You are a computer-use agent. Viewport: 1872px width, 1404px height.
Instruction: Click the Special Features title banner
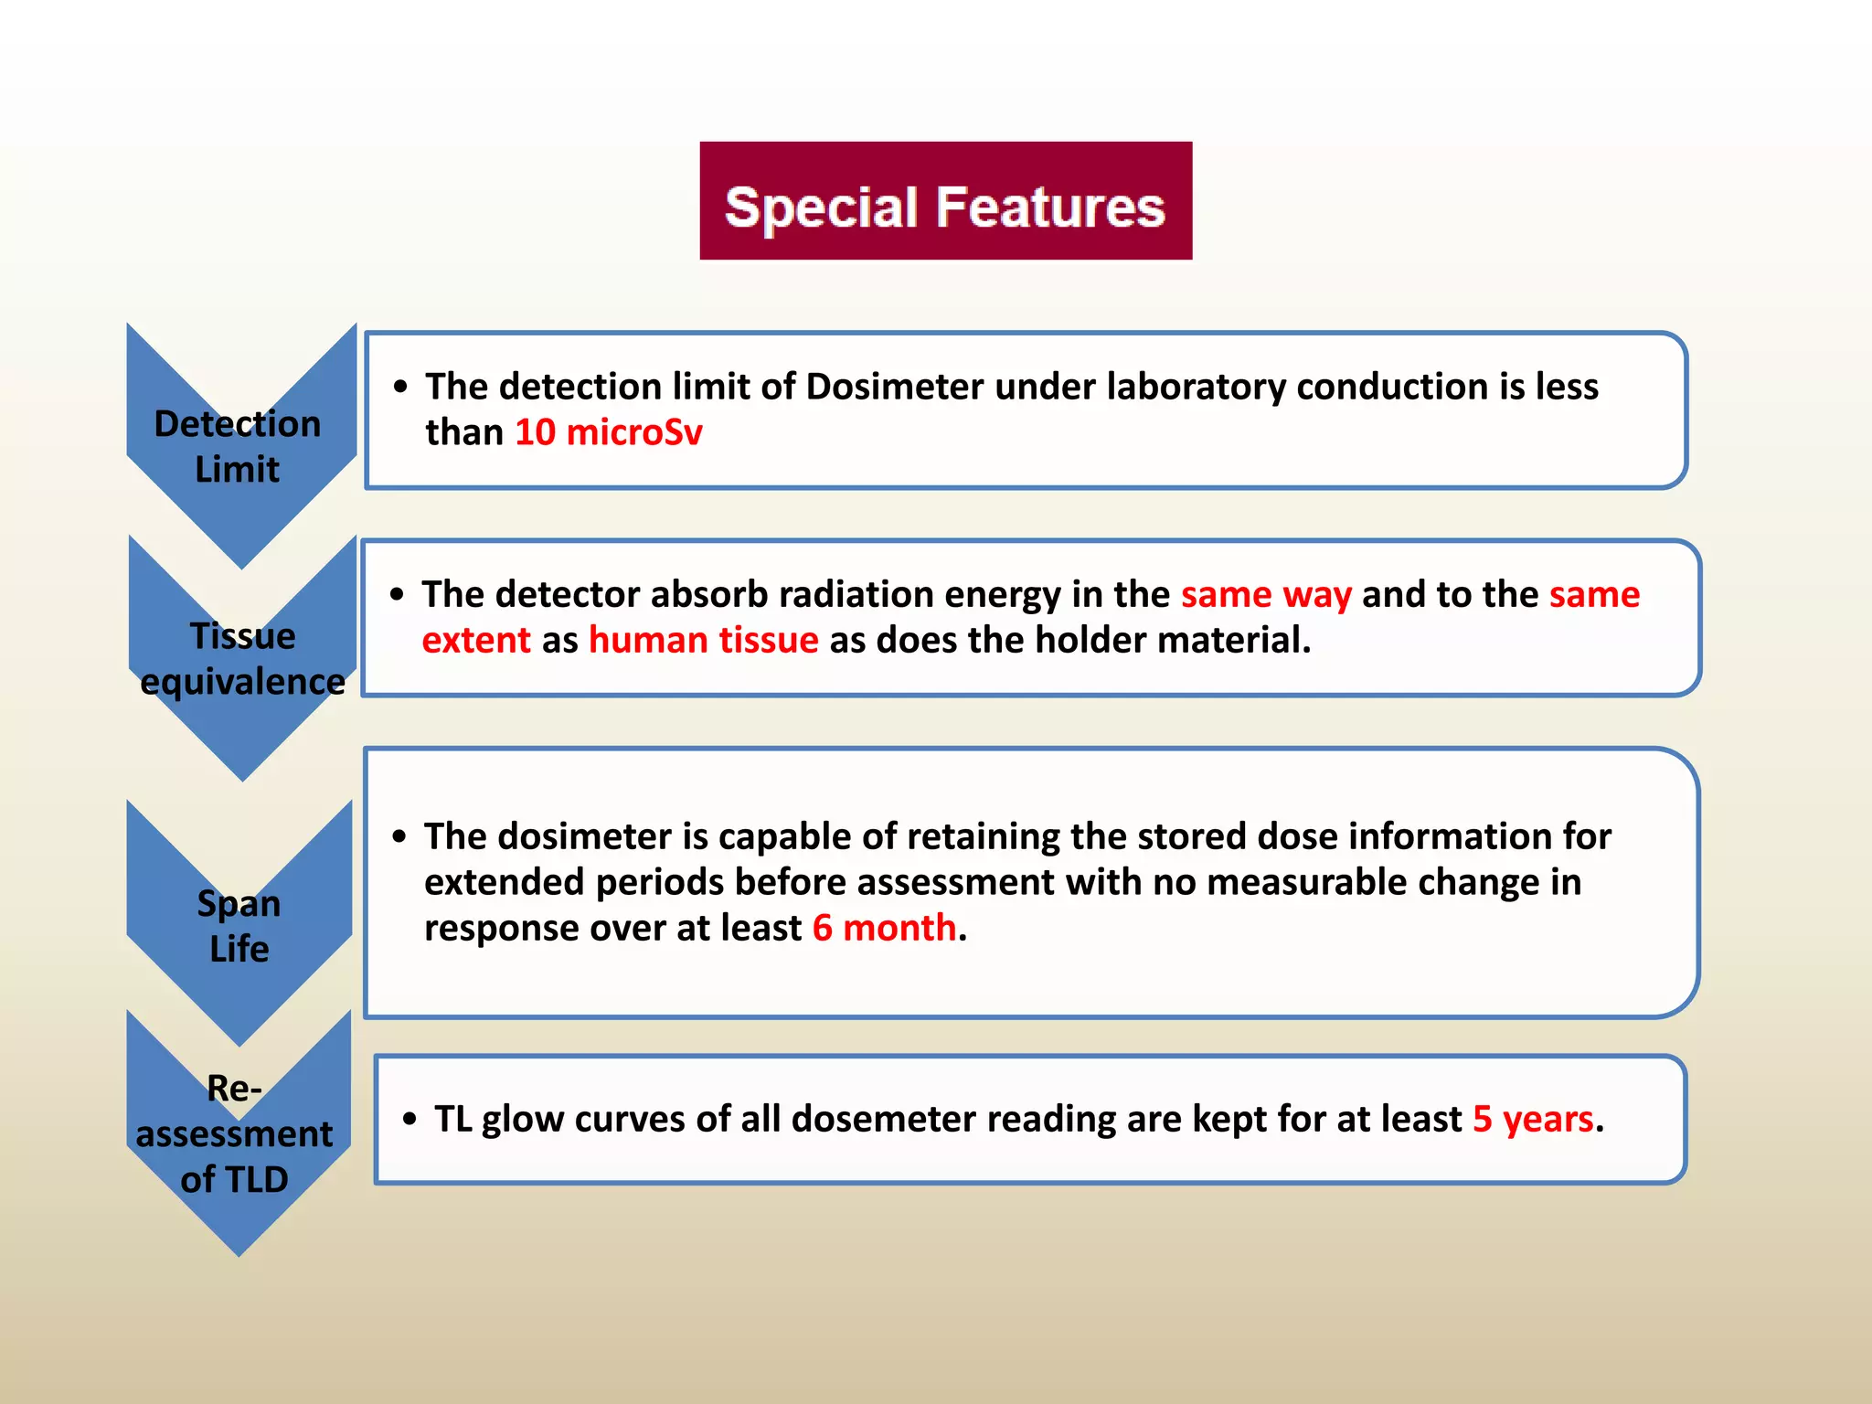945,201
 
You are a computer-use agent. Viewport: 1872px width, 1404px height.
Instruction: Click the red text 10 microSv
609,432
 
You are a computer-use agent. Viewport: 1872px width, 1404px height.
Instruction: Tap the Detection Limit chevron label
238,446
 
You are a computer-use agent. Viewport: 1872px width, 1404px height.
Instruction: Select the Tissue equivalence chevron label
242,658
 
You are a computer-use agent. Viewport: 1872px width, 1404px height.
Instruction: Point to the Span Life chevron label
239,925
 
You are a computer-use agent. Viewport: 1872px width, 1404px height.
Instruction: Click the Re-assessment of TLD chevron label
235,1133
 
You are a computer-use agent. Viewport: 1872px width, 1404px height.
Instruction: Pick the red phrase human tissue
703,640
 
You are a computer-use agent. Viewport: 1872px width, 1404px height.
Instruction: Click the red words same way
1266,594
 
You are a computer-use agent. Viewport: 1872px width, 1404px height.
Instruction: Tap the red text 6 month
884,928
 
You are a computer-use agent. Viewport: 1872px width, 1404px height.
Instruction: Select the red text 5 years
1533,1119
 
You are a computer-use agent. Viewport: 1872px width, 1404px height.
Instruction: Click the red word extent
476,640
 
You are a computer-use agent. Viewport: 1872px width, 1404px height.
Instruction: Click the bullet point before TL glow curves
409,1119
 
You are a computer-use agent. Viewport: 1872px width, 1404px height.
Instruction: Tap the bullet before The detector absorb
397,595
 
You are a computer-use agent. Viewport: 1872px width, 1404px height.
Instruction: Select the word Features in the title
1050,207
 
